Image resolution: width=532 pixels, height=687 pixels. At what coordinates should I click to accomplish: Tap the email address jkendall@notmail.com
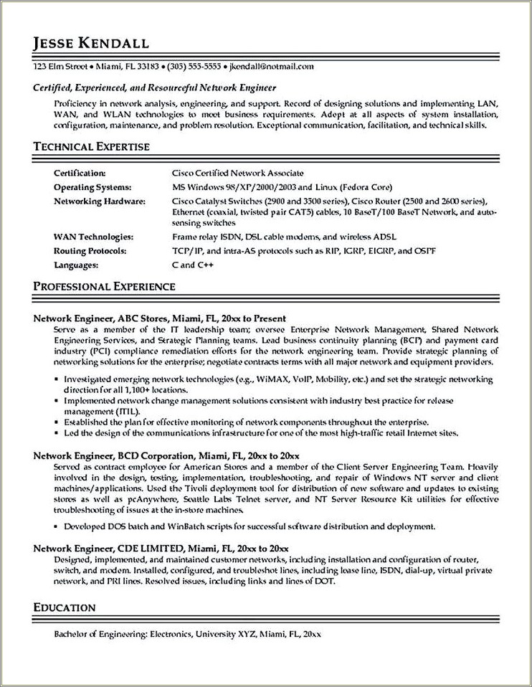(272, 67)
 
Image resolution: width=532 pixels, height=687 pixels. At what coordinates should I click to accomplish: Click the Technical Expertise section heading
(92, 146)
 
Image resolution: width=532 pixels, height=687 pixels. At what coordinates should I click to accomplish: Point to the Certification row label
(80, 173)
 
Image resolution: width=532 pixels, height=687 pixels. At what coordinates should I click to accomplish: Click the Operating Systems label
(90, 186)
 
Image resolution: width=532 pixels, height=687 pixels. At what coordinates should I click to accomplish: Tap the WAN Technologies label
(93, 237)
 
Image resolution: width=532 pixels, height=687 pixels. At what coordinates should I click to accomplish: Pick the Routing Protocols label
(90, 251)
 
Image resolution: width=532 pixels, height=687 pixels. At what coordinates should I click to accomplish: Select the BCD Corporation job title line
(166, 455)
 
